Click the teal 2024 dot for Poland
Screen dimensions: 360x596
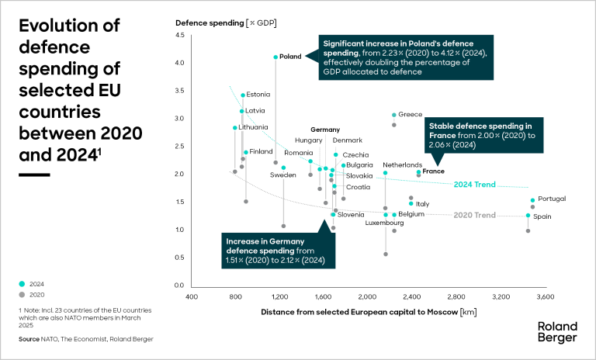[x=275, y=57]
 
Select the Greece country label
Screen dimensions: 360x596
[x=410, y=115]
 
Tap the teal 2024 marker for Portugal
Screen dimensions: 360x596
[x=532, y=200]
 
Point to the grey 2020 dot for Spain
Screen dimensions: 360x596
[x=528, y=230]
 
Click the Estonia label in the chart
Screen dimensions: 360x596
[x=258, y=95]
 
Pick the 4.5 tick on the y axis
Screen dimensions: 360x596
[x=179, y=35]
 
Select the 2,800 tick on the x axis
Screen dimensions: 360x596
[x=456, y=296]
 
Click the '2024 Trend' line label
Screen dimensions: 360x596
[x=474, y=185]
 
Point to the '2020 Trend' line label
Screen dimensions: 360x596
[x=474, y=215]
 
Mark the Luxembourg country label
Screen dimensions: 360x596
[x=385, y=223]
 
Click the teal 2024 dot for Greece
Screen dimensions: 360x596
[x=394, y=115]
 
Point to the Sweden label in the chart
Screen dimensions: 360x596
[x=282, y=175]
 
